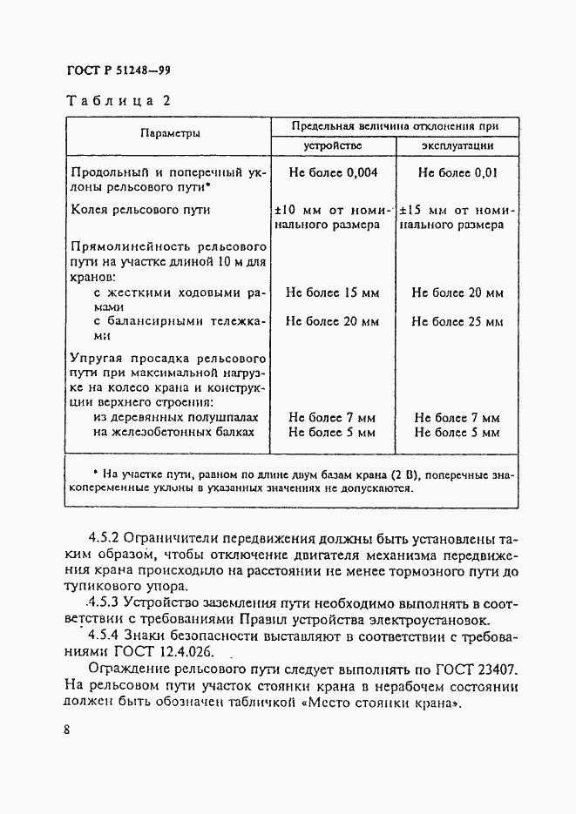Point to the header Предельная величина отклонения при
(x=394, y=125)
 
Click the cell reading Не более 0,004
(x=332, y=172)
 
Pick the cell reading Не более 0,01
(x=457, y=172)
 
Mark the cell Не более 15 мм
(x=332, y=293)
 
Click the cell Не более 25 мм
(x=457, y=321)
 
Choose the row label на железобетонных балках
(x=173, y=432)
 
